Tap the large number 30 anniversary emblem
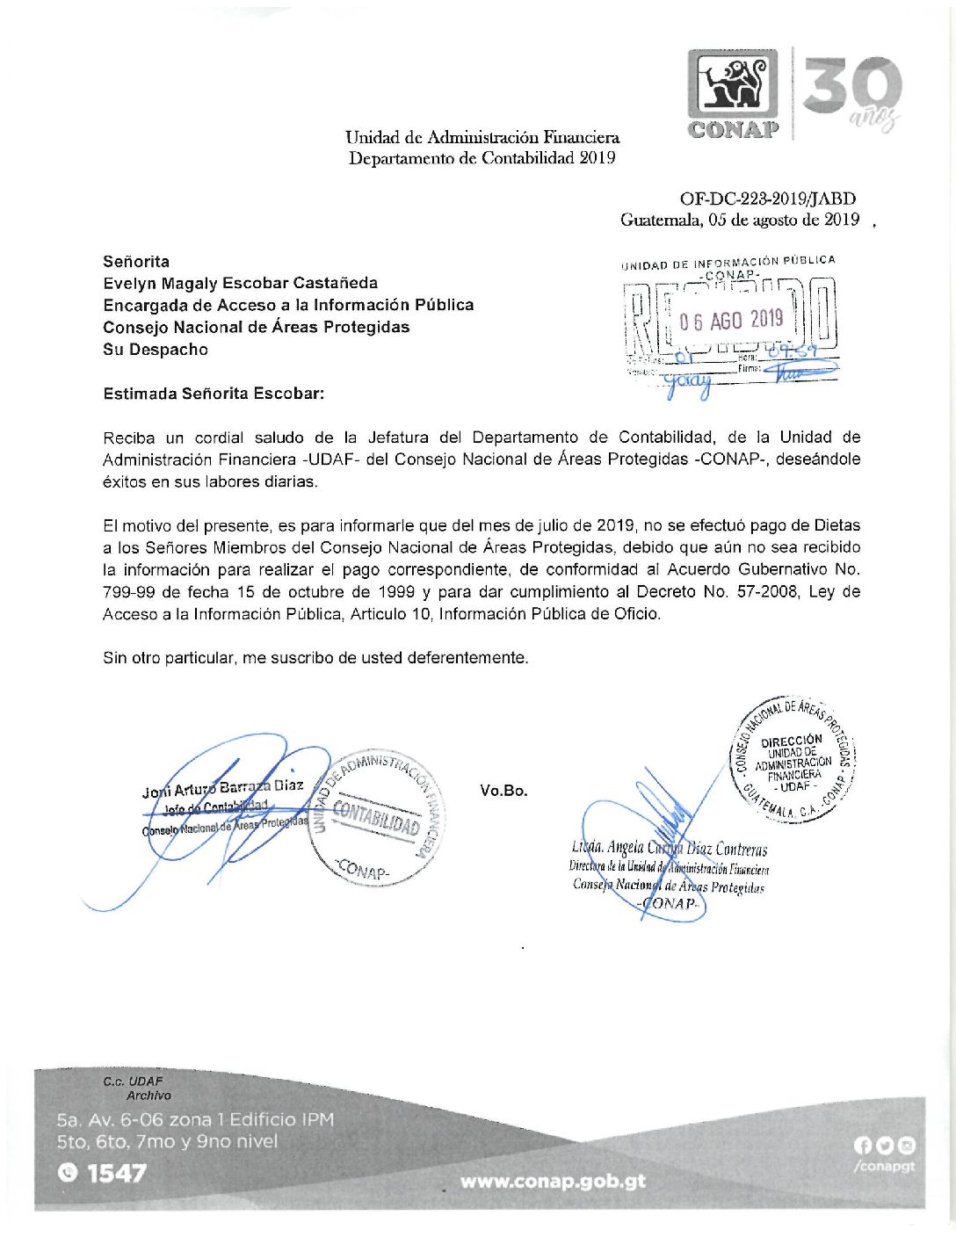pyautogui.click(x=851, y=88)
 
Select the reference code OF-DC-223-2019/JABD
pyautogui.click(x=767, y=199)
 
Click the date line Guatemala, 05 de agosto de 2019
pyautogui.click(x=739, y=221)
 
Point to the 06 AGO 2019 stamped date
pyautogui.click(x=731, y=320)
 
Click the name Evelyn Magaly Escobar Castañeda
pyautogui.click(x=240, y=283)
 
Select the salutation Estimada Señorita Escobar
pyautogui.click(x=214, y=394)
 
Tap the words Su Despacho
pyautogui.click(x=156, y=350)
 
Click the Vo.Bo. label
pyautogui.click(x=503, y=791)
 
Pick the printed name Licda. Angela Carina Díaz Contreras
pyautogui.click(x=669, y=849)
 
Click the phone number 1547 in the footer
pyautogui.click(x=116, y=1173)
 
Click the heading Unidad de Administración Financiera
pyautogui.click(x=482, y=138)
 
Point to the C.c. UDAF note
pyautogui.click(x=133, y=1081)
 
